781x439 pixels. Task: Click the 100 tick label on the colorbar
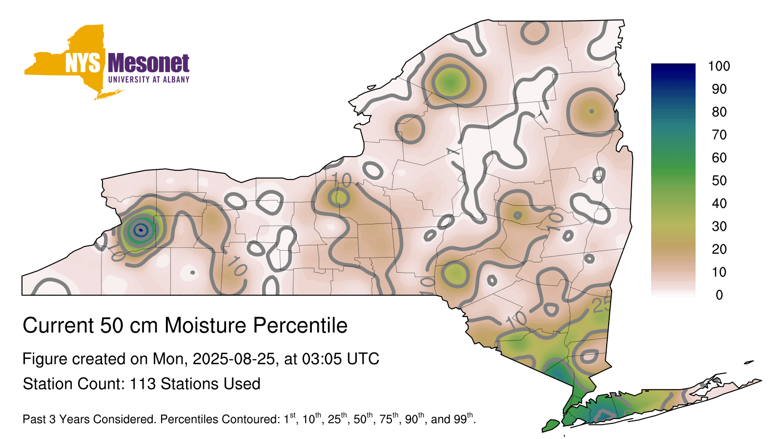(x=719, y=66)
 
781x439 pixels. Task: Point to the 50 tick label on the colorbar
(x=719, y=180)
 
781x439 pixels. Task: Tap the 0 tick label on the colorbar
(x=719, y=295)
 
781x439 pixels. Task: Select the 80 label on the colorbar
(x=719, y=112)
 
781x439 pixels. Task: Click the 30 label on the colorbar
(x=719, y=226)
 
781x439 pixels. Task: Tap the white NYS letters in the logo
(x=82, y=63)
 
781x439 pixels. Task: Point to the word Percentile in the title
(x=300, y=325)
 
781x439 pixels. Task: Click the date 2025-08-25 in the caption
(x=234, y=359)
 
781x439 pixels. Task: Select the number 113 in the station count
(x=143, y=384)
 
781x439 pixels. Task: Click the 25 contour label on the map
(x=602, y=305)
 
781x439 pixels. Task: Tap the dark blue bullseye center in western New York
(x=141, y=230)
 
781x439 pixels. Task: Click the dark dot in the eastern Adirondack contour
(x=591, y=112)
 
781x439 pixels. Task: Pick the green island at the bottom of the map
(x=551, y=425)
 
